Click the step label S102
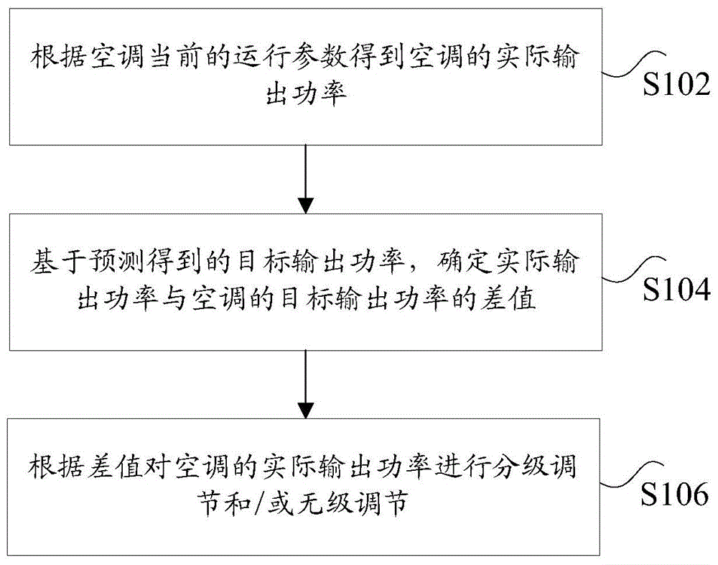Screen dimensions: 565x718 [x=675, y=86]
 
